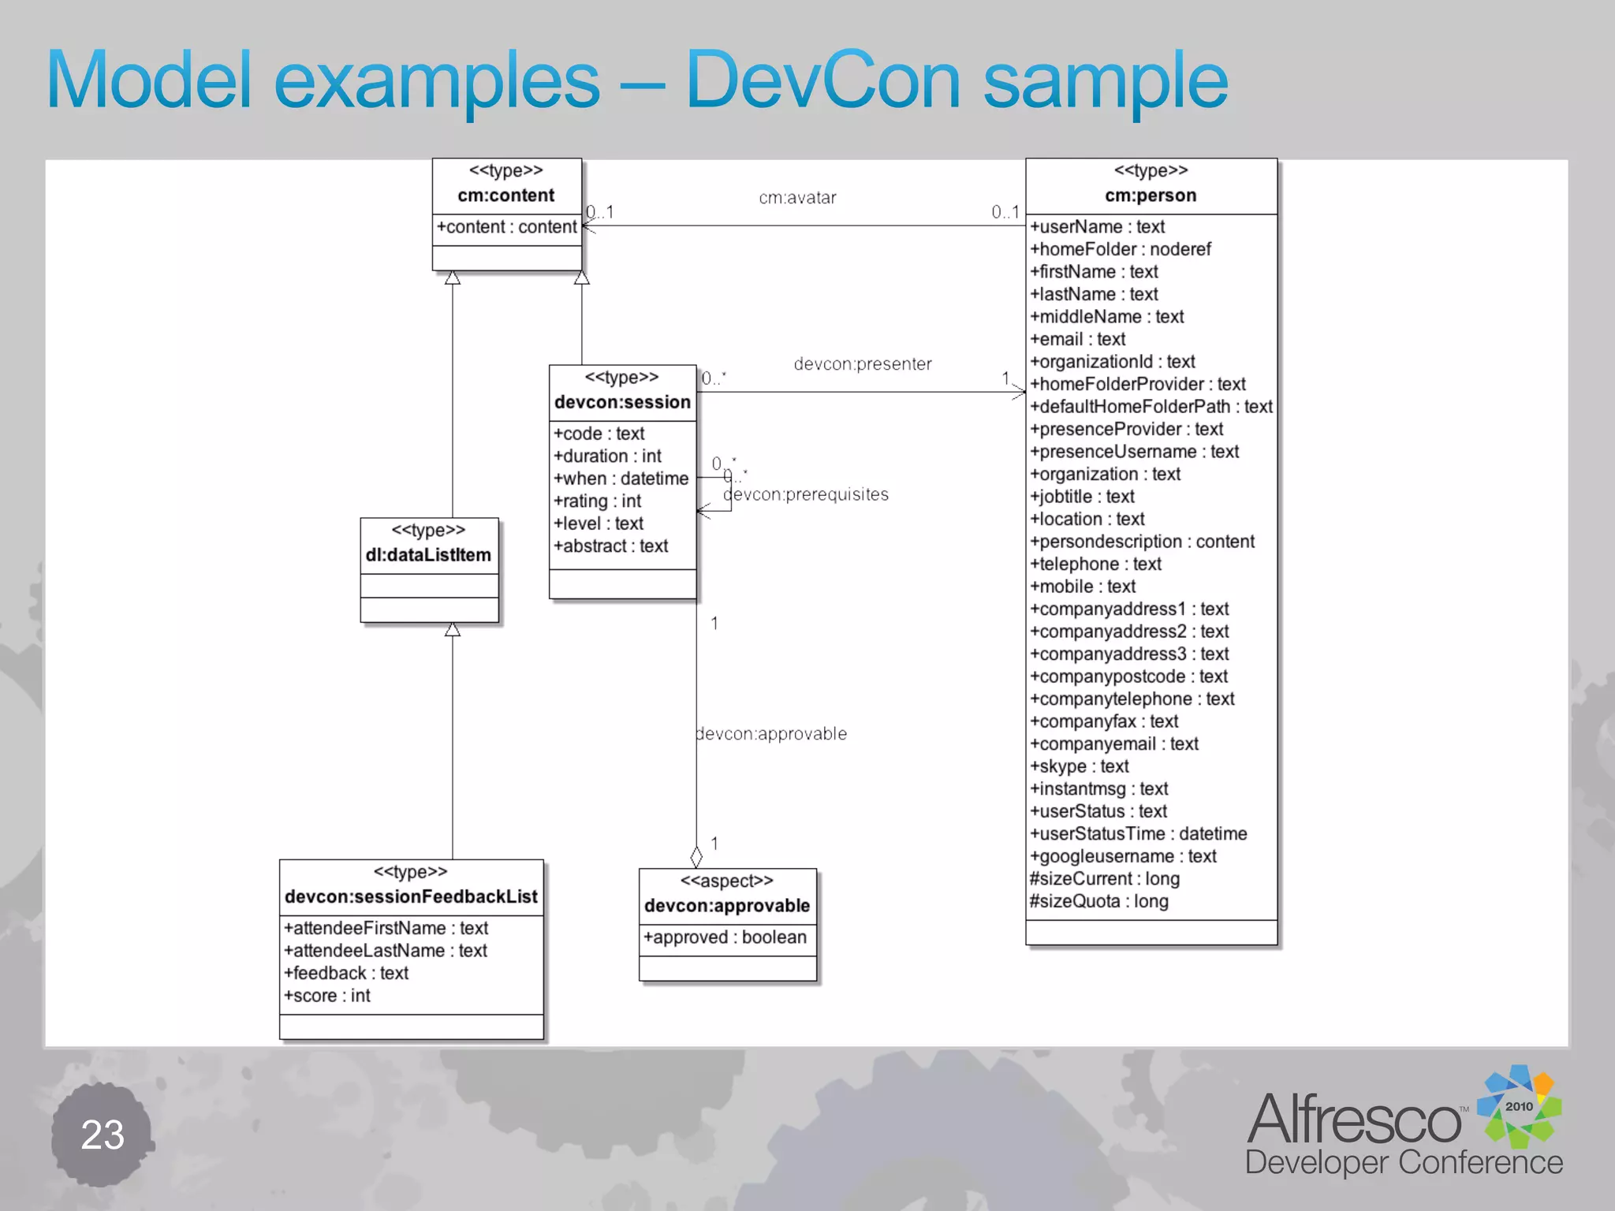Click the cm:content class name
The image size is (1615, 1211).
coord(506,196)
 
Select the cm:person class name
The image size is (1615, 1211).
coord(1151,196)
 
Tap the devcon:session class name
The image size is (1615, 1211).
coord(622,402)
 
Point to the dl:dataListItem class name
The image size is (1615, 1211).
coord(428,555)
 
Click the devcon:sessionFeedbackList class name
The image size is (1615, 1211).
coord(411,896)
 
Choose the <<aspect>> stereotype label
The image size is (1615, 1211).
coord(726,881)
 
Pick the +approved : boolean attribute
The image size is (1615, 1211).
coord(725,937)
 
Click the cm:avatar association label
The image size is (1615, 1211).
coord(797,198)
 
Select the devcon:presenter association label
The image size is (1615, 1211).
coord(863,364)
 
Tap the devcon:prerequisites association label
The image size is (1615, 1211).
coord(806,494)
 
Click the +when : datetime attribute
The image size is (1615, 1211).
coord(621,479)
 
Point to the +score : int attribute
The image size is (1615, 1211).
coord(327,996)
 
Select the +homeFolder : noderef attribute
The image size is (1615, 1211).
coord(1121,249)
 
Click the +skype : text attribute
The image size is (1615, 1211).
coord(1080,766)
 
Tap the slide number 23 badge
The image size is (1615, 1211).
coord(103,1135)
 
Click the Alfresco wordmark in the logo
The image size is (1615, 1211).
coord(1353,1120)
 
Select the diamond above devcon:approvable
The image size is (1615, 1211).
coord(696,856)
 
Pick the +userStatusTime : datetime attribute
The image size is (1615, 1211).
coord(1139,834)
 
